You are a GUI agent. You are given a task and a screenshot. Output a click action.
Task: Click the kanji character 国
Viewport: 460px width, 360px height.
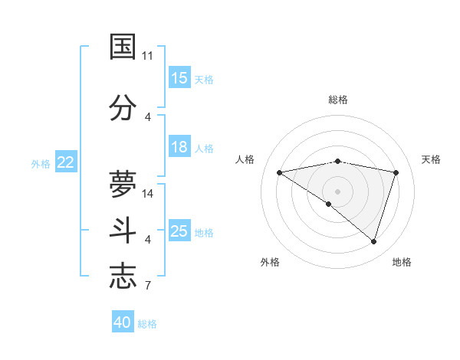click(x=123, y=46)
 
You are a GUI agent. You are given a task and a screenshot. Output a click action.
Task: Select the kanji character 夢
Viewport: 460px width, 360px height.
click(x=123, y=183)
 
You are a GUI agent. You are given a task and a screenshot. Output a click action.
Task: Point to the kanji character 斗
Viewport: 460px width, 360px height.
click(x=123, y=230)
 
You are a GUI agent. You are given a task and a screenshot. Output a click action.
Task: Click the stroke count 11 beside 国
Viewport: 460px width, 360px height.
click(x=147, y=56)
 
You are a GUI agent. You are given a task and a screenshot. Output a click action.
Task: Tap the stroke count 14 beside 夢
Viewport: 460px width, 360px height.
click(x=149, y=194)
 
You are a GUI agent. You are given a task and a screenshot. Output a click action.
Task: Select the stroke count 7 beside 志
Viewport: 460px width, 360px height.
click(x=148, y=286)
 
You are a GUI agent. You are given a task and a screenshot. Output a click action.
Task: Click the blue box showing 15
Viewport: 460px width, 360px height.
click(x=179, y=77)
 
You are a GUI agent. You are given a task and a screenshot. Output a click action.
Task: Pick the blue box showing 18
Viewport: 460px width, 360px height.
click(x=179, y=147)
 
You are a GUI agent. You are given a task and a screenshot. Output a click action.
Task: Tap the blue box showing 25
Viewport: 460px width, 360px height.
click(x=179, y=231)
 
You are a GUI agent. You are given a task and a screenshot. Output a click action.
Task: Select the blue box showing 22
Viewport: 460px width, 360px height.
click(x=66, y=162)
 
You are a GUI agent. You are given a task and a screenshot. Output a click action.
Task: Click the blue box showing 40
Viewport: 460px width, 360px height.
click(x=123, y=322)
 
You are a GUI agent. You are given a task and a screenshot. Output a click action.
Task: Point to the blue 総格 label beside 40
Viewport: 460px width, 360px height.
click(x=147, y=324)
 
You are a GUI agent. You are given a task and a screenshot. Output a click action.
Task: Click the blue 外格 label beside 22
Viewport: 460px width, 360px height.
click(x=41, y=163)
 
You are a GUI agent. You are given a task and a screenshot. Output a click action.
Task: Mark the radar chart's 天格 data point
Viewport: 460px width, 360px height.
click(x=396, y=172)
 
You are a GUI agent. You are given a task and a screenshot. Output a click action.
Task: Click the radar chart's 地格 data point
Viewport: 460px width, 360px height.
click(x=373, y=241)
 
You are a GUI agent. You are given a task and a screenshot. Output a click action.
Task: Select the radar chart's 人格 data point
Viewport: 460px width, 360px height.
click(x=280, y=172)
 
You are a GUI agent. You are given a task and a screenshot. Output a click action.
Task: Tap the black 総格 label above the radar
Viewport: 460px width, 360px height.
click(x=337, y=100)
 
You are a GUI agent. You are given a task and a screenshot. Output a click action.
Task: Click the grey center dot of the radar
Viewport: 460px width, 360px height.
click(x=337, y=191)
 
